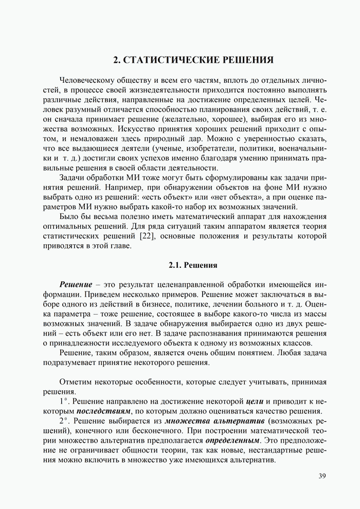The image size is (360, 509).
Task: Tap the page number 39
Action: tap(322, 476)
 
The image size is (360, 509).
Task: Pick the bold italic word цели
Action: tap(255, 402)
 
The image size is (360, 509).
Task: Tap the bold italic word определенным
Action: tap(232, 441)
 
